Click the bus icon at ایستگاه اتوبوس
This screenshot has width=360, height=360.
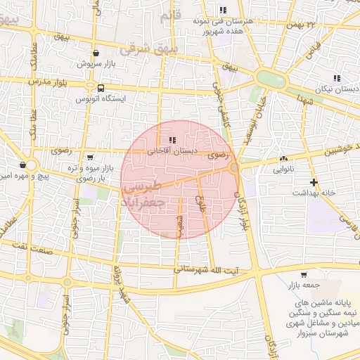click(101, 89)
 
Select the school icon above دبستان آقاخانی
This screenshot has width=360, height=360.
click(173, 140)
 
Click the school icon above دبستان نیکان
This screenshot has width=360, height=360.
click(335, 78)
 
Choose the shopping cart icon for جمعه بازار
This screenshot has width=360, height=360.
click(303, 275)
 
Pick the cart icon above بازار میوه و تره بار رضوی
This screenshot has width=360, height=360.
click(89, 157)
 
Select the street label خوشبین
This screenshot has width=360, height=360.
click(337, 150)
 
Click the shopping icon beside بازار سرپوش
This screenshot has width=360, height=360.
click(96, 53)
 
